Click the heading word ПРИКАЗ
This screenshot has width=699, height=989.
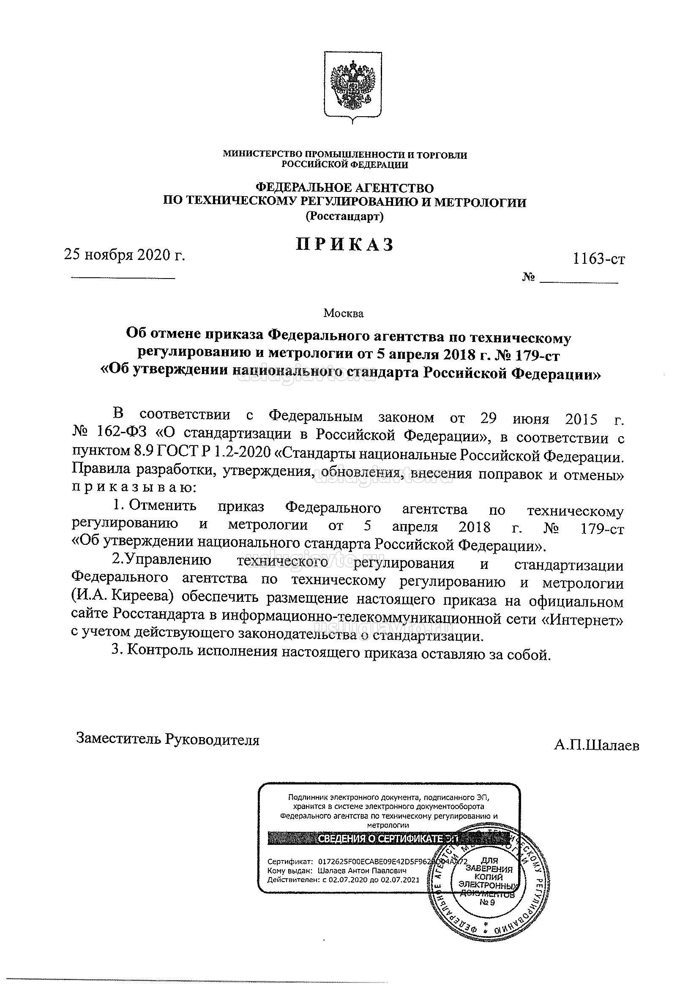click(345, 245)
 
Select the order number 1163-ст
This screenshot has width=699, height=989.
click(599, 259)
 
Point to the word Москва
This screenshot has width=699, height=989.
click(343, 314)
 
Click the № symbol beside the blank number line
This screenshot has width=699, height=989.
click(529, 278)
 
